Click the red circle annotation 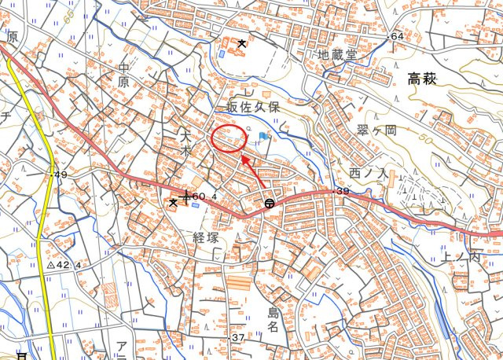[229, 139]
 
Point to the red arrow [252, 170]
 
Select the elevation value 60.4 [203, 196]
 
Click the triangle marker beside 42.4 [50, 266]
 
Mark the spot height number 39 [342, 192]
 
